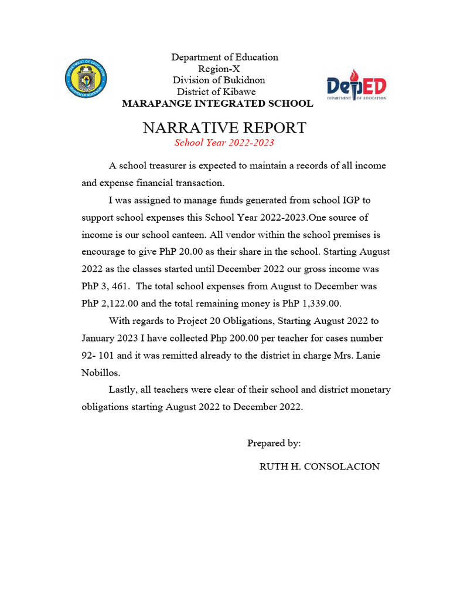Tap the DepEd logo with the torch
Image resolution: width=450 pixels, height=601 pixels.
click(x=356, y=85)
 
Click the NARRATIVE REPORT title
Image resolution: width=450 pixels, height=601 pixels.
click(x=224, y=127)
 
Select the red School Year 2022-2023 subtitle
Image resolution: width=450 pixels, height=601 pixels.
click(x=224, y=143)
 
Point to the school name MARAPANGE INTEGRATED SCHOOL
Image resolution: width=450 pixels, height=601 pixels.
click(x=217, y=104)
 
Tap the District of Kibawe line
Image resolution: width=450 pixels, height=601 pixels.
click(x=216, y=92)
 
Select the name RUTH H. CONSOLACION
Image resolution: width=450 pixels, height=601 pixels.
click(x=319, y=467)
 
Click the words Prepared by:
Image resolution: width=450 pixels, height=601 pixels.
click(x=274, y=443)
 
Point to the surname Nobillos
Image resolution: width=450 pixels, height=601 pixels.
click(x=100, y=373)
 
